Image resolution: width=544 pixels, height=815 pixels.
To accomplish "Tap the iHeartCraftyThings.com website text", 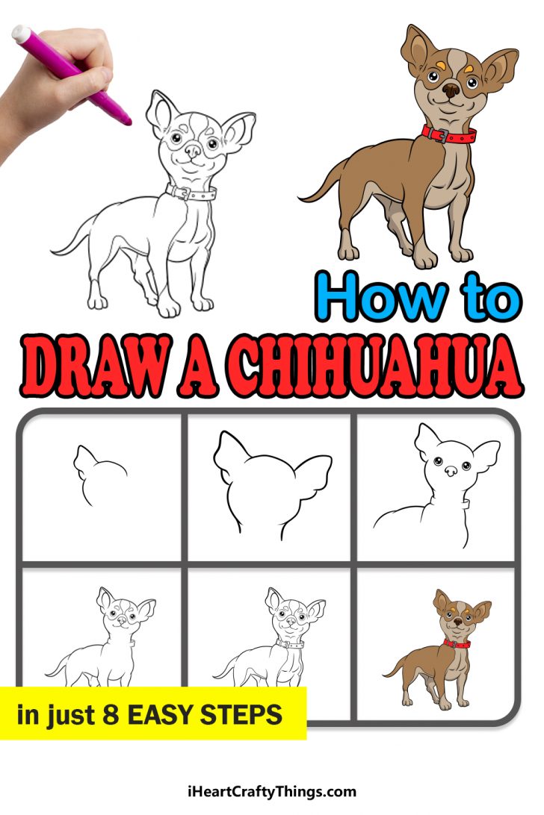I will pyautogui.click(x=272, y=791).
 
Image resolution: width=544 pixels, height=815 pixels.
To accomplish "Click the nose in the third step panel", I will pyautogui.click(x=452, y=472).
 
